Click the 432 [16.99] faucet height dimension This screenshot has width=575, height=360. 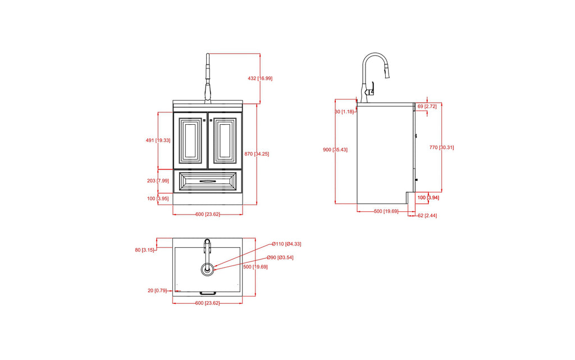tap(260, 79)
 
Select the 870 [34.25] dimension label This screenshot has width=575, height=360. tap(257, 154)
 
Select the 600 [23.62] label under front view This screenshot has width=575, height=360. tap(207, 214)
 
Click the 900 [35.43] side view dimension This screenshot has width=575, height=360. tap(335, 149)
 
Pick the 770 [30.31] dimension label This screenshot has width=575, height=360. tap(441, 147)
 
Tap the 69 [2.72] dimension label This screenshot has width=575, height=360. tap(427, 106)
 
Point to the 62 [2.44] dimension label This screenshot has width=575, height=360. tap(426, 216)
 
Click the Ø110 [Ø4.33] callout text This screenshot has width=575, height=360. tap(286, 244)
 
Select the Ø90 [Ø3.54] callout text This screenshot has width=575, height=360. tap(280, 257)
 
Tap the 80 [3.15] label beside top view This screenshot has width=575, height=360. tap(145, 250)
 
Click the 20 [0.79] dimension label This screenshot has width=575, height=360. tap(157, 290)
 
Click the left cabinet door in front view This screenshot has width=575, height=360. tap(190, 140)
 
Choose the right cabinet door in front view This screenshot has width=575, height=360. tap(225, 140)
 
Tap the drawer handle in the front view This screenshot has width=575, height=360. tap(208, 181)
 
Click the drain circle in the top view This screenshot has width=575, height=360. tap(208, 269)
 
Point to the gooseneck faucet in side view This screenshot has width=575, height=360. tap(373, 73)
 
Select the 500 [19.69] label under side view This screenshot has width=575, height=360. tap(386, 211)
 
